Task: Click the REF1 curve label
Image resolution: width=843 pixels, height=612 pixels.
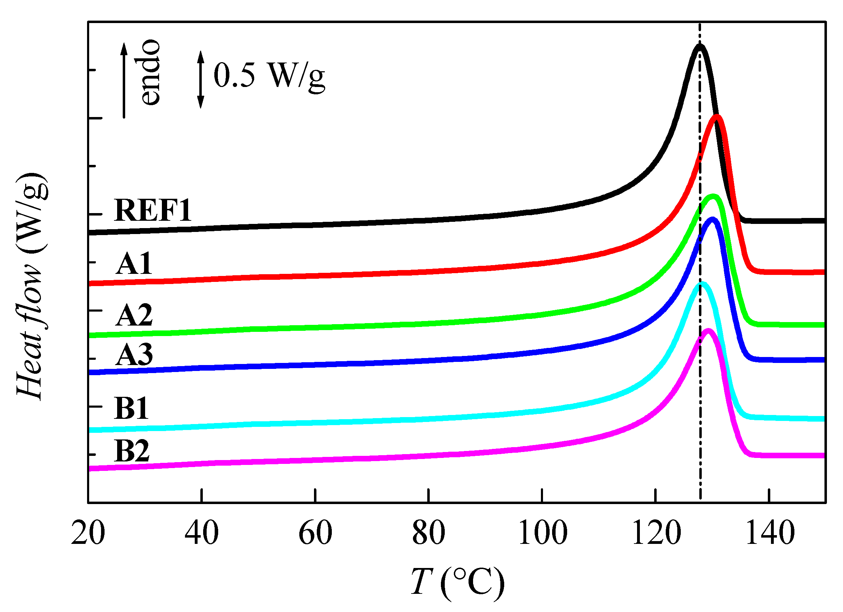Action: pyautogui.click(x=153, y=211)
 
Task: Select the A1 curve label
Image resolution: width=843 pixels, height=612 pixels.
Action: pyautogui.click(x=134, y=264)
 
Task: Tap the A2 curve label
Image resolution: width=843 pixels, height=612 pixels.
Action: pyautogui.click(x=134, y=315)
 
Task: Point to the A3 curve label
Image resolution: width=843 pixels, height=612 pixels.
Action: pyautogui.click(x=134, y=355)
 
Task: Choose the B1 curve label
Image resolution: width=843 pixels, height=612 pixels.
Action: pyautogui.click(x=131, y=408)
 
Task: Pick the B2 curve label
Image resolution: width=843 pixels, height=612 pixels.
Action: pyautogui.click(x=132, y=451)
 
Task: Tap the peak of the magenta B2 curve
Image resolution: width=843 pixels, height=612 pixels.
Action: pyautogui.click(x=708, y=331)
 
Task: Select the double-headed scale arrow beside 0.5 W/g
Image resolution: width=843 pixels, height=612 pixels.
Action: pyautogui.click(x=201, y=80)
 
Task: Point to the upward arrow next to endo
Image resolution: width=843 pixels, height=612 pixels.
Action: pyautogui.click(x=124, y=80)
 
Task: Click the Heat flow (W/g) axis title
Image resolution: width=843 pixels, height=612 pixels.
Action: pyautogui.click(x=31, y=286)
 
